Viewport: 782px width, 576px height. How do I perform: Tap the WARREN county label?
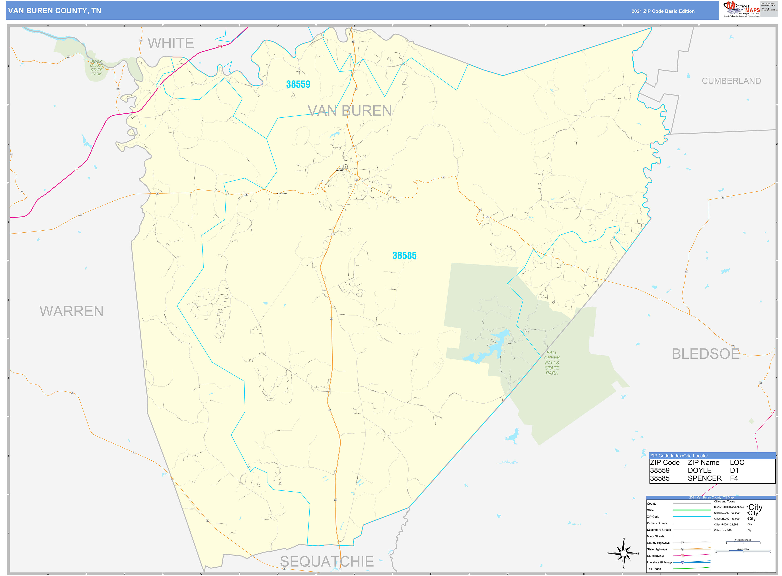click(72, 311)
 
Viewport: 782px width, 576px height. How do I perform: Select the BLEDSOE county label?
click(705, 354)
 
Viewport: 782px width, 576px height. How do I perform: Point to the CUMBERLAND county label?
click(731, 81)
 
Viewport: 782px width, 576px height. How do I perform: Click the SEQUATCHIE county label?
click(327, 561)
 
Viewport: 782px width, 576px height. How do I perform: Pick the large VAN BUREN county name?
click(349, 111)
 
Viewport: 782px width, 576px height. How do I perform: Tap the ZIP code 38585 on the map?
click(404, 256)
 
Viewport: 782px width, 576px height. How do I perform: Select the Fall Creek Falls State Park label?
click(552, 363)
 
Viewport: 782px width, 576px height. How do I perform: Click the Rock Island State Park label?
click(97, 68)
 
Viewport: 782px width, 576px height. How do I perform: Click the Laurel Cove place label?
click(281, 193)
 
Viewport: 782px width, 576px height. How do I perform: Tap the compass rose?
click(624, 553)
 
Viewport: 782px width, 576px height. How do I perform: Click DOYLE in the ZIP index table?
click(699, 470)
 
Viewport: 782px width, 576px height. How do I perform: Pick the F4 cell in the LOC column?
click(734, 478)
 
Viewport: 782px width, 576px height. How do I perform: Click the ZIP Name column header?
click(703, 463)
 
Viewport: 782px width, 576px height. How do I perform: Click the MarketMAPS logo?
click(741, 9)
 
